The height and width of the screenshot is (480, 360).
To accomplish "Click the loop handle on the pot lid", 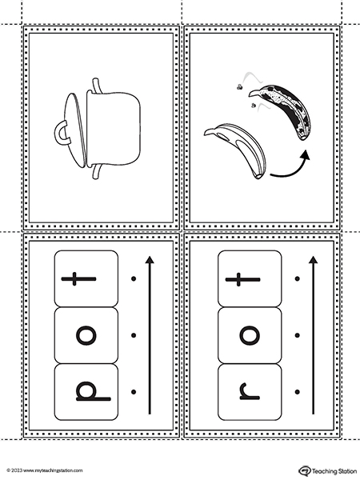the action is click(x=57, y=133).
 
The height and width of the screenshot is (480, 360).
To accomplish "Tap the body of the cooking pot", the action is click(x=114, y=129).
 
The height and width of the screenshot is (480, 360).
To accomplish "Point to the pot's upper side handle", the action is click(x=97, y=85).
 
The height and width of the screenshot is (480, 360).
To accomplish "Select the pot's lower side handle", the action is click(x=97, y=172).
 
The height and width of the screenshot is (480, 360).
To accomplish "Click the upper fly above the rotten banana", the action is click(x=239, y=87).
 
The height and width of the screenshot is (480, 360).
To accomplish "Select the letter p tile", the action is click(x=86, y=392).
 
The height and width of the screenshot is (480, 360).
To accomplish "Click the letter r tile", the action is click(x=250, y=392).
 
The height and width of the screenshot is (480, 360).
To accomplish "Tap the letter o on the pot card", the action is click(x=86, y=335).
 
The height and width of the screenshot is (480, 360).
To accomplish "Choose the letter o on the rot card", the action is click(x=250, y=335).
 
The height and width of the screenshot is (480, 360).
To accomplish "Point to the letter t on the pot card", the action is click(x=78, y=278).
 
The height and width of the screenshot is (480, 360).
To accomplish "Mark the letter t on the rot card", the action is click(x=242, y=279).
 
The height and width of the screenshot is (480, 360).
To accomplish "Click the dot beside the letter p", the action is click(x=134, y=392).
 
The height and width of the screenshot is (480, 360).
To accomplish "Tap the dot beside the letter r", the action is click(x=297, y=392).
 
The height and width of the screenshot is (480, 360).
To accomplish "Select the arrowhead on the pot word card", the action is click(x=150, y=260).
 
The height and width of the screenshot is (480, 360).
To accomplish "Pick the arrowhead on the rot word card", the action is click(x=313, y=260).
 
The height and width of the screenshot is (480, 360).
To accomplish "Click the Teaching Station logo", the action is click(x=328, y=470).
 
